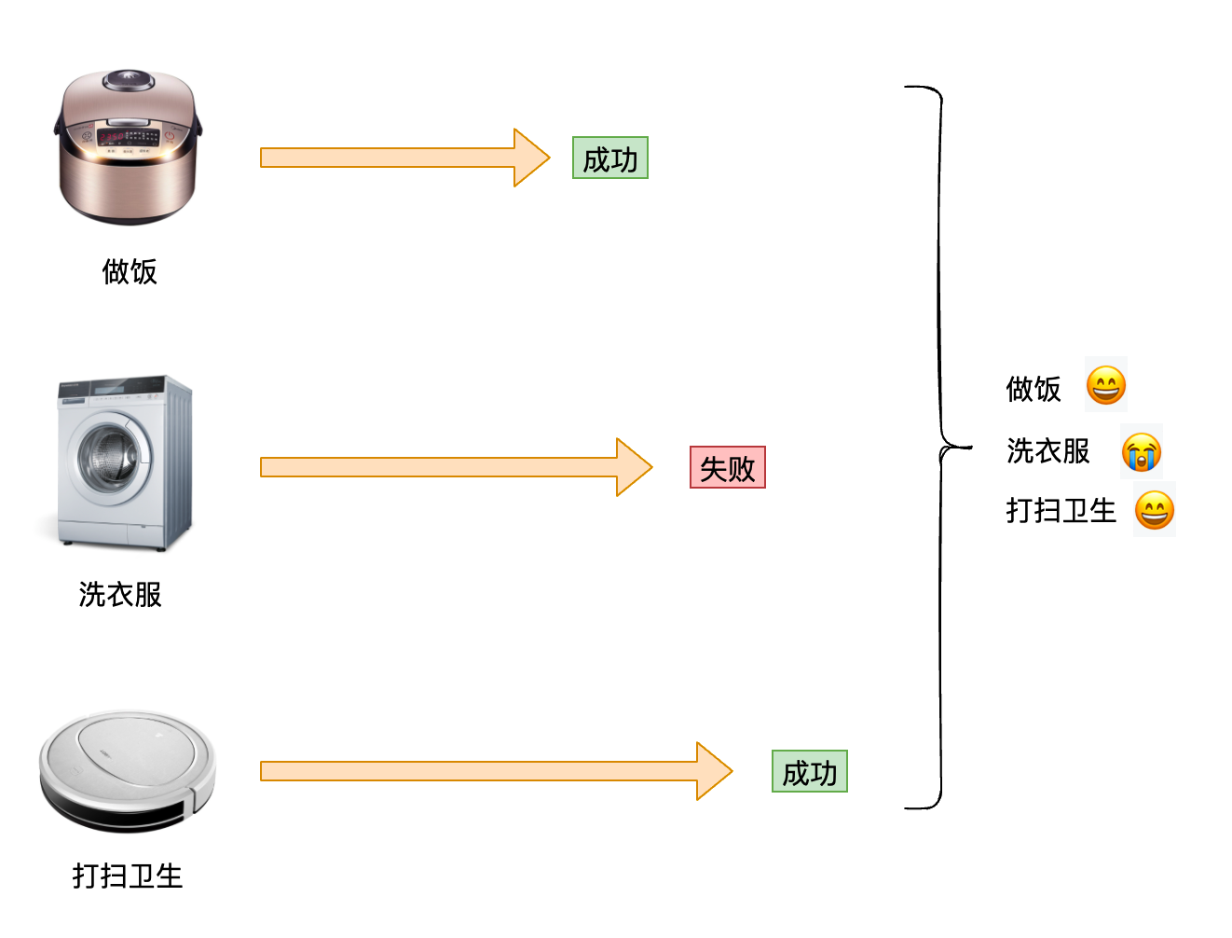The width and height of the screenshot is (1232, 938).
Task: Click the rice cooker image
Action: coord(128,147)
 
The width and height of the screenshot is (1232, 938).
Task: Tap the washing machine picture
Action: coord(125,463)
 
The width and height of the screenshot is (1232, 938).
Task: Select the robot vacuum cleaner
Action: coord(128,771)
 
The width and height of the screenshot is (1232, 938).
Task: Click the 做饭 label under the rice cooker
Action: coord(130,271)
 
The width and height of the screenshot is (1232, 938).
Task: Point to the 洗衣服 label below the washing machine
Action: coord(120,594)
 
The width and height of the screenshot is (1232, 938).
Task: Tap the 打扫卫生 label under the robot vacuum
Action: coord(128,876)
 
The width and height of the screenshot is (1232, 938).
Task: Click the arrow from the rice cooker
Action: coord(404,158)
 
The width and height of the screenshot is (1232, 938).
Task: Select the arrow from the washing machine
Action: coord(456,467)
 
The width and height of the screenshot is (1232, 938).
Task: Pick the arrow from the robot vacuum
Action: coord(496,771)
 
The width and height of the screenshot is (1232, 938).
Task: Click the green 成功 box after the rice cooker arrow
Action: coord(610,158)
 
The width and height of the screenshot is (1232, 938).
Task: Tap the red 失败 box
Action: coord(728,467)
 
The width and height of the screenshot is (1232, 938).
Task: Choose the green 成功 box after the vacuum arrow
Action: coord(809,771)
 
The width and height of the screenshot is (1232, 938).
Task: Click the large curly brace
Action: coord(940,448)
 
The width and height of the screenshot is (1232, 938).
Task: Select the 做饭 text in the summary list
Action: coord(1033,389)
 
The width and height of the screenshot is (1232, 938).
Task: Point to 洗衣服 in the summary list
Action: coord(1047,450)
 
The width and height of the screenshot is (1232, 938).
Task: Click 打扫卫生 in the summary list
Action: coord(1061,510)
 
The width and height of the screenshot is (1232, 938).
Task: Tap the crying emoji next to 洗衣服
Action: coord(1141,452)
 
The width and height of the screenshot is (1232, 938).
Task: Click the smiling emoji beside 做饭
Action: coord(1105,385)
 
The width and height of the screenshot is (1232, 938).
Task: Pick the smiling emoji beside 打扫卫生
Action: coord(1154,510)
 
